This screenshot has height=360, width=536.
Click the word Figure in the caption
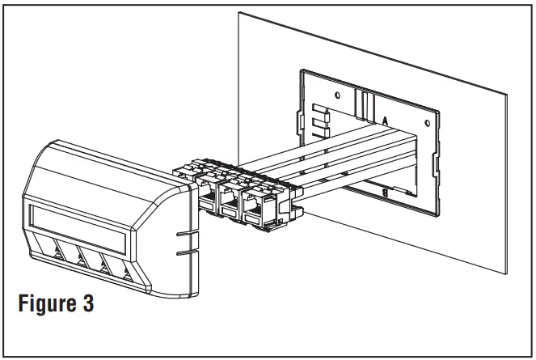(x=51, y=305)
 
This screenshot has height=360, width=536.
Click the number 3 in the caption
(x=88, y=305)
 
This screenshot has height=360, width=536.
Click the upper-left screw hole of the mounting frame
(x=336, y=91)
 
